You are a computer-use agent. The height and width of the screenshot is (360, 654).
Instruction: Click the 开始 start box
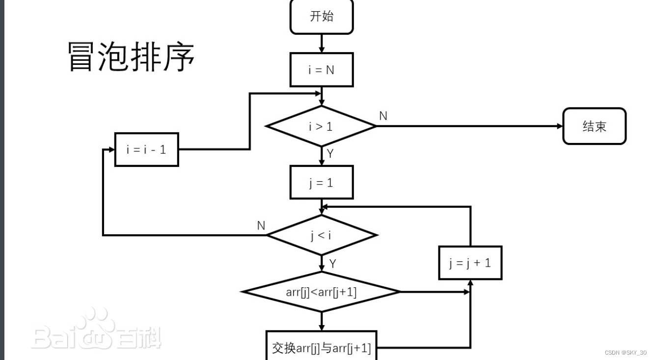(x=322, y=17)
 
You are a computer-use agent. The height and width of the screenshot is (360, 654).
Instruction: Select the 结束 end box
(x=595, y=126)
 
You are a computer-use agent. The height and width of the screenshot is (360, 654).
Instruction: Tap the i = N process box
(x=322, y=70)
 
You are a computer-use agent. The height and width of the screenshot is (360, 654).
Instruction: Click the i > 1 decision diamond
(x=321, y=126)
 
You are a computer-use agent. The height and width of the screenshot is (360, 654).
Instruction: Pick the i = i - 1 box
(x=147, y=149)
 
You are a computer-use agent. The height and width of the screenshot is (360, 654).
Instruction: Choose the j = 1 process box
(x=322, y=183)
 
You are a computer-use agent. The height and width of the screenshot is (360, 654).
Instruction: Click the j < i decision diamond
(x=321, y=235)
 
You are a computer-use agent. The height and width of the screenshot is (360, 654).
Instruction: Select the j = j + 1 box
(x=470, y=263)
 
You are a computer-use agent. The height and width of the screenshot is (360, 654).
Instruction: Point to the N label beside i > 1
(x=383, y=116)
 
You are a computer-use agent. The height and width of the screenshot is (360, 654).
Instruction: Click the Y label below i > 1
(x=330, y=154)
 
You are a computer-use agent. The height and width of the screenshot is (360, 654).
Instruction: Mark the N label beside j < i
(x=261, y=225)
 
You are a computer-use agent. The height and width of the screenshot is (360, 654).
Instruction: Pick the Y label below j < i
(x=332, y=264)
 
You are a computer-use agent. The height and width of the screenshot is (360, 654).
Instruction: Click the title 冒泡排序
(x=131, y=56)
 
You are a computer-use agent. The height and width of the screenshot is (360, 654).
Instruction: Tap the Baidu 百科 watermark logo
(x=96, y=330)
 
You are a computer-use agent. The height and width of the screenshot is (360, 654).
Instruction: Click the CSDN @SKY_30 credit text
(x=626, y=353)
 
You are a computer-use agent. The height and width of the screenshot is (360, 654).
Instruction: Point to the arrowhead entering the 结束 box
(x=560, y=126)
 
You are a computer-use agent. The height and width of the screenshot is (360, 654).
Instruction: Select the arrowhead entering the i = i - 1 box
(x=112, y=149)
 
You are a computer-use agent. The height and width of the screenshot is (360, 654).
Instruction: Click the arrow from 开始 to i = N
(x=322, y=44)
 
